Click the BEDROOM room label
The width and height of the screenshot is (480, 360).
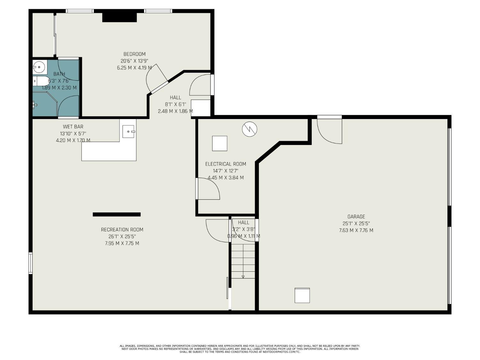coord(134,54)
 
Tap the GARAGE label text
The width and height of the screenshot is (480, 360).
coord(356,217)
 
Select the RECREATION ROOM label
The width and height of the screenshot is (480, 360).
coord(122,229)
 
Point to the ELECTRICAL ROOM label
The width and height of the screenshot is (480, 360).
coord(225,164)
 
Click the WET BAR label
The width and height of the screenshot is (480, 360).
coord(73,127)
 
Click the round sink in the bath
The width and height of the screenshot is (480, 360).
coord(39,67)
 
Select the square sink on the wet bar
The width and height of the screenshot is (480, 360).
coord(129,131)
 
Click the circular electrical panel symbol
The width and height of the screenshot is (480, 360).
coord(249,129)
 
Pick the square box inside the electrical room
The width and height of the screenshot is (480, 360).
coord(220,143)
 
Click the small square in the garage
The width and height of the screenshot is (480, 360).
coord(302,295)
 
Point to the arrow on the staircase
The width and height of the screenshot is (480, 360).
coord(243,276)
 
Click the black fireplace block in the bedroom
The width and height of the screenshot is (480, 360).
coord(119,17)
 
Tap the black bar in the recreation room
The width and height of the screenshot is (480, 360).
coord(116,214)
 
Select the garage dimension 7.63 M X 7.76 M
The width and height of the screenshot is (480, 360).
coord(356,230)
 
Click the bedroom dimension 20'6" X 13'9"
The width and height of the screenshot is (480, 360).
coord(134,61)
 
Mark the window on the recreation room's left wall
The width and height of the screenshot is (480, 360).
coord(31,263)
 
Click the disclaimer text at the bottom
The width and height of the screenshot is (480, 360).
coord(240,349)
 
